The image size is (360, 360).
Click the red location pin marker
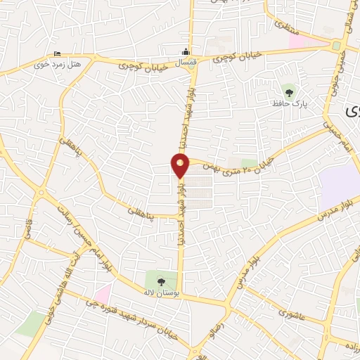181,165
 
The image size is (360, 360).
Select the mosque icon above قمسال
186,51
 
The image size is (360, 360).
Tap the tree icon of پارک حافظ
288,91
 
